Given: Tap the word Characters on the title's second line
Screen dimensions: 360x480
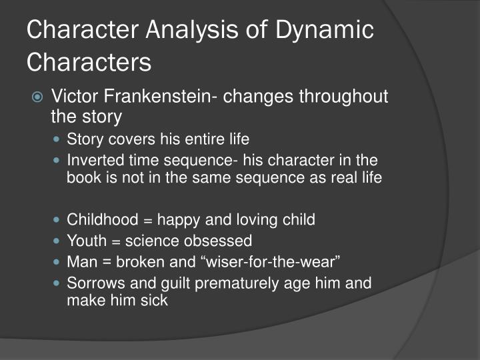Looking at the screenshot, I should coord(89,62).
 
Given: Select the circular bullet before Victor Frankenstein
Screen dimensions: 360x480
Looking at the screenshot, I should coord(38,97).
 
